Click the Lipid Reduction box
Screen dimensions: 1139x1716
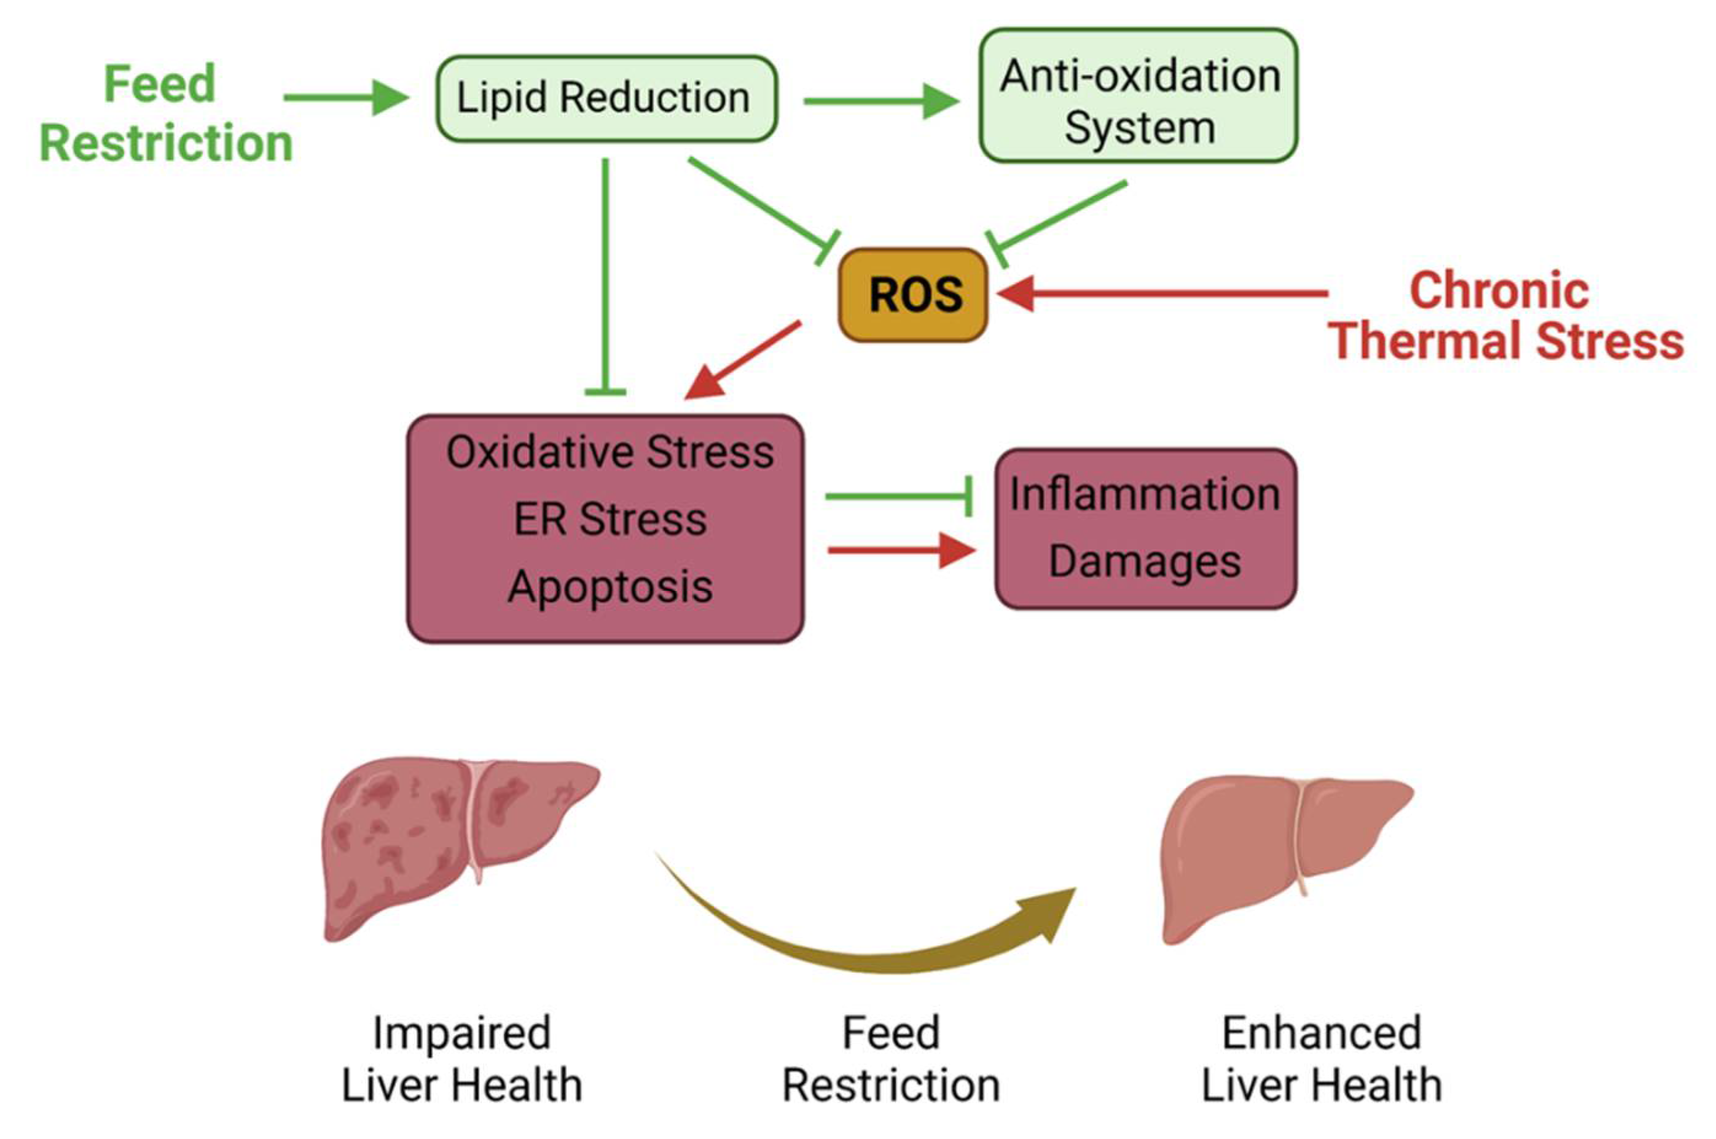pos(605,98)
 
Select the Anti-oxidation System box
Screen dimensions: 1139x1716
pos(1138,96)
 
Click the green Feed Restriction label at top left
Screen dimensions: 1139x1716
pos(166,113)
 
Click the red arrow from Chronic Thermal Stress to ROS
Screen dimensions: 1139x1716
pos(1162,294)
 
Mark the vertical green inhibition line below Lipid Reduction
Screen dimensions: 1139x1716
pos(605,276)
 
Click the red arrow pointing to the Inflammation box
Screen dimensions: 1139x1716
pos(901,550)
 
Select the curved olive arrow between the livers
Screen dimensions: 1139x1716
pos(872,937)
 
